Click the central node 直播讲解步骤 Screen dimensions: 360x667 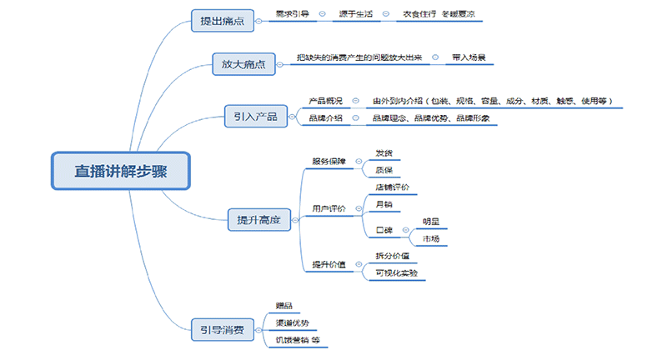121,171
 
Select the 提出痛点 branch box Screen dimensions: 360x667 222,20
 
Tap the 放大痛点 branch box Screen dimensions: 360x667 243,64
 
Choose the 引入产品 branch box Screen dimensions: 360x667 255,116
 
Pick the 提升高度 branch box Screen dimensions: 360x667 258,220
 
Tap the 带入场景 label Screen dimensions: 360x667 469,58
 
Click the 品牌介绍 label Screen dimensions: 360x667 325,118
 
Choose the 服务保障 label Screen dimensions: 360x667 328,162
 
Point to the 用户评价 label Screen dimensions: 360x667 328,207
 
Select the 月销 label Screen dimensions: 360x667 384,204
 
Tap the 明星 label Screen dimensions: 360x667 431,222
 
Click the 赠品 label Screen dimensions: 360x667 284,306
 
